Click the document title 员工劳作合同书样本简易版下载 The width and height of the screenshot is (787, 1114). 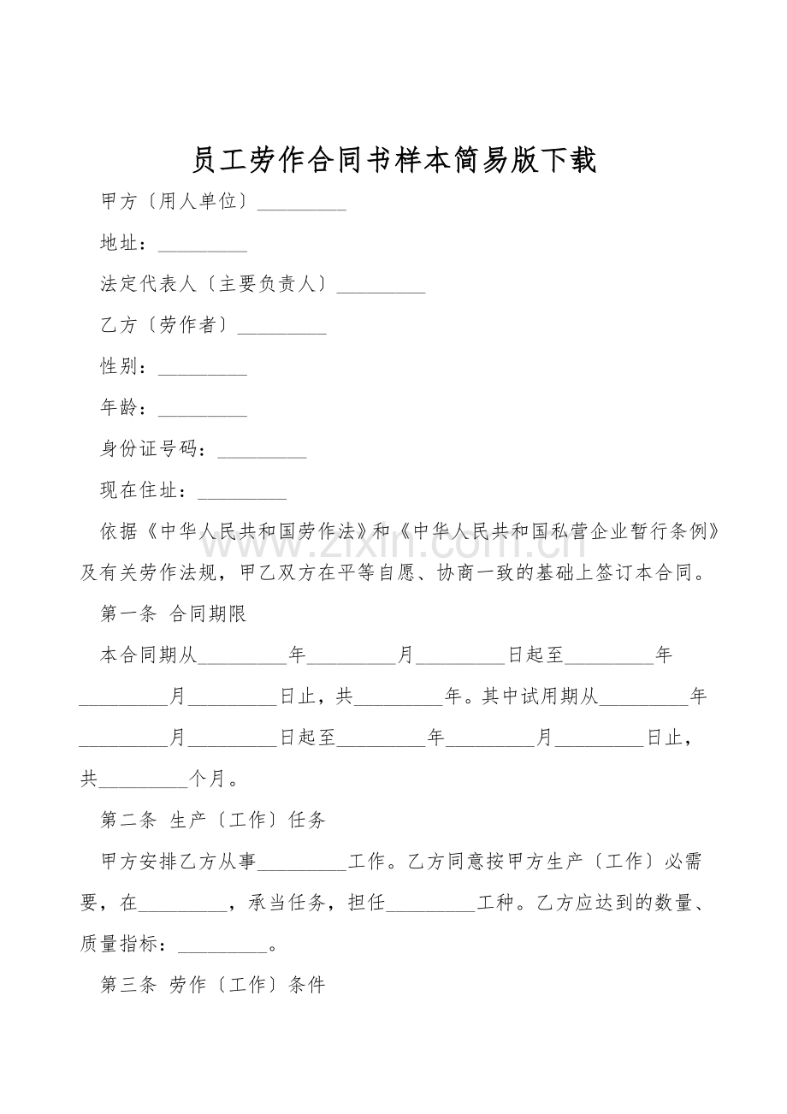(393, 160)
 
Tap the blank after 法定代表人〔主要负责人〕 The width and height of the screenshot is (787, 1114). (382, 287)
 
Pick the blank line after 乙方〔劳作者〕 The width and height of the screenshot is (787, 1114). (281, 329)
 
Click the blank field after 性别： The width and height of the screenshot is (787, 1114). (203, 370)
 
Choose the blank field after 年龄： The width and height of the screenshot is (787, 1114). (203, 411)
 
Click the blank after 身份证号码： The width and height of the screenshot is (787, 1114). (262, 452)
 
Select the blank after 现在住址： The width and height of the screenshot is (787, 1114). (242, 493)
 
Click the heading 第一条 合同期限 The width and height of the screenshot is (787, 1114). (174, 614)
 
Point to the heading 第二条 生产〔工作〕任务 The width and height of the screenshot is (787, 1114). (213, 820)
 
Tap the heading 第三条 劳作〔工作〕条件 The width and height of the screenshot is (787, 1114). (213, 985)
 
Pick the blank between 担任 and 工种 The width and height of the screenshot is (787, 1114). (431, 905)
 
